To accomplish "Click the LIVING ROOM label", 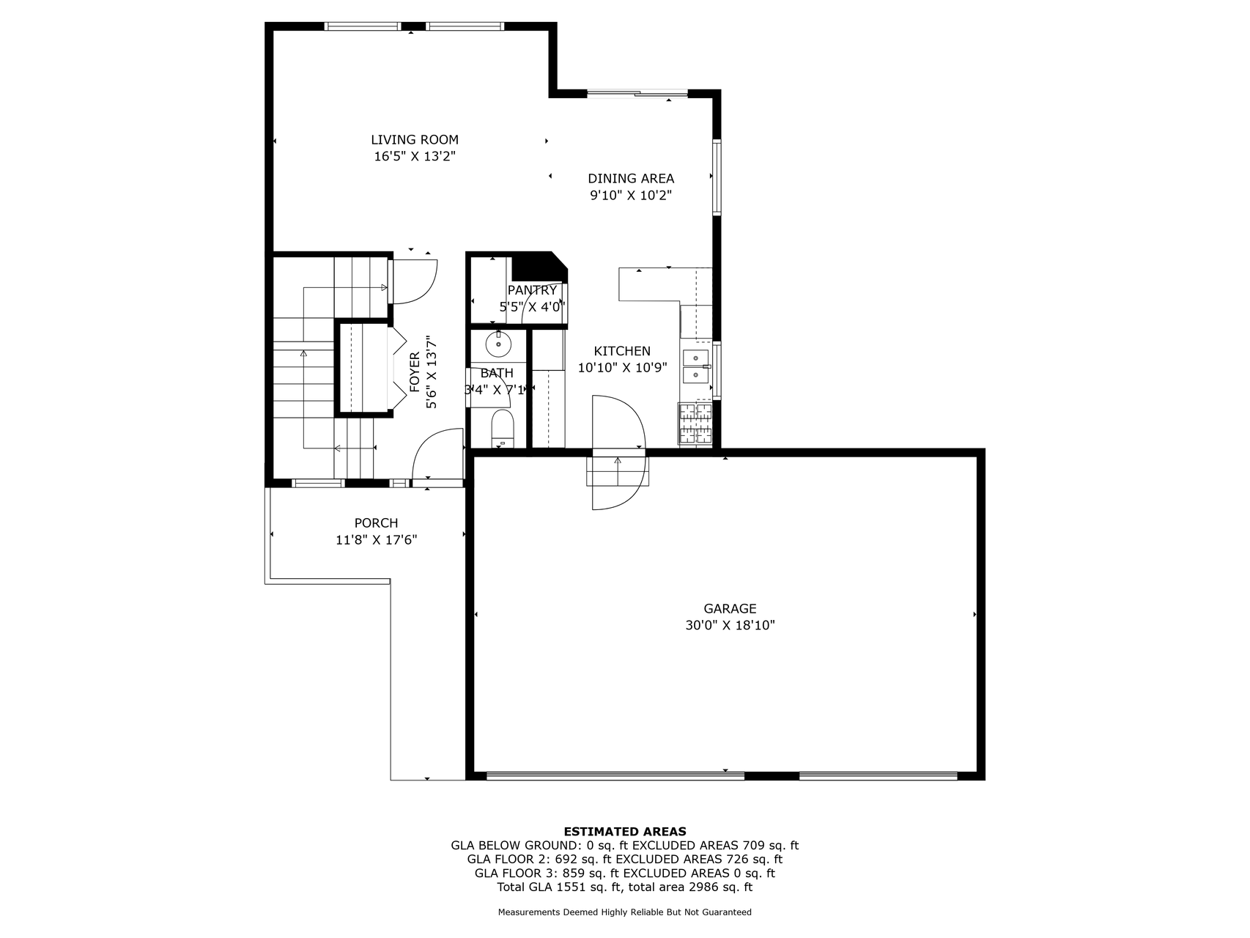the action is tap(415, 139).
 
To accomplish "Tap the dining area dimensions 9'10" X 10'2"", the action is tap(631, 196).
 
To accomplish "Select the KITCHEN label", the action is tap(622, 351).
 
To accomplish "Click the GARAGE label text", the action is tap(730, 608).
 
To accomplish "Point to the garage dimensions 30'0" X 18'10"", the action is tap(730, 625).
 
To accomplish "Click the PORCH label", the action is tap(376, 523).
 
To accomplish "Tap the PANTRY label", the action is tap(532, 290).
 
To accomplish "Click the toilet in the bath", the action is tap(503, 429).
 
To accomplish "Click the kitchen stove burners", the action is tap(695, 424).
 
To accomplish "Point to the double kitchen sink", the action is tap(696, 366).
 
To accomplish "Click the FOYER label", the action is tap(415, 372).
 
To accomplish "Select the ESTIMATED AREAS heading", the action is tap(625, 832).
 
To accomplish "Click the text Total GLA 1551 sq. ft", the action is tap(559, 887).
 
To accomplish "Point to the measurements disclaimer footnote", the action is tap(625, 912).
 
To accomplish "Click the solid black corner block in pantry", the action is tap(539, 267).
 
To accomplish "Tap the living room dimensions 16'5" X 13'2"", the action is tap(415, 156).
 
